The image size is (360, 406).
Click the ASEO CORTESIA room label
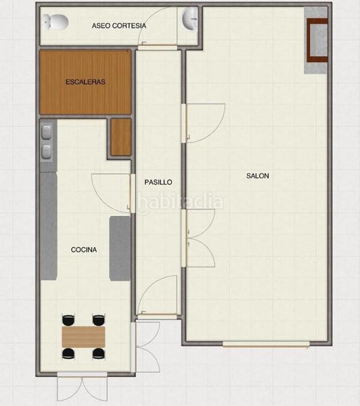[118, 26]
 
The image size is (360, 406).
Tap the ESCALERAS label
[85, 82]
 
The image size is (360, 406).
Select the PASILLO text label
[158, 182]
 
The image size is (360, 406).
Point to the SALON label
[257, 176]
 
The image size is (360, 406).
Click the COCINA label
[84, 250]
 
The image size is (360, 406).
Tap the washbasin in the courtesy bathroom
[190, 20]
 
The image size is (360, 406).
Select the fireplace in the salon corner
[317, 41]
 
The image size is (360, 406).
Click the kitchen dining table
[84, 336]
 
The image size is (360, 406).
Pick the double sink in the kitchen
[47, 142]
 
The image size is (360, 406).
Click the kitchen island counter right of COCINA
[120, 248]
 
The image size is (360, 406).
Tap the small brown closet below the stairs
[120, 137]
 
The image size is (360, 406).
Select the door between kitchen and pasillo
[113, 192]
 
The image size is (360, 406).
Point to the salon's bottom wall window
[266, 344]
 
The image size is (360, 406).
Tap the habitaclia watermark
[179, 202]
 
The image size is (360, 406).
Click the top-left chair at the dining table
[68, 319]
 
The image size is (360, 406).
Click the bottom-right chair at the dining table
[99, 353]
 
